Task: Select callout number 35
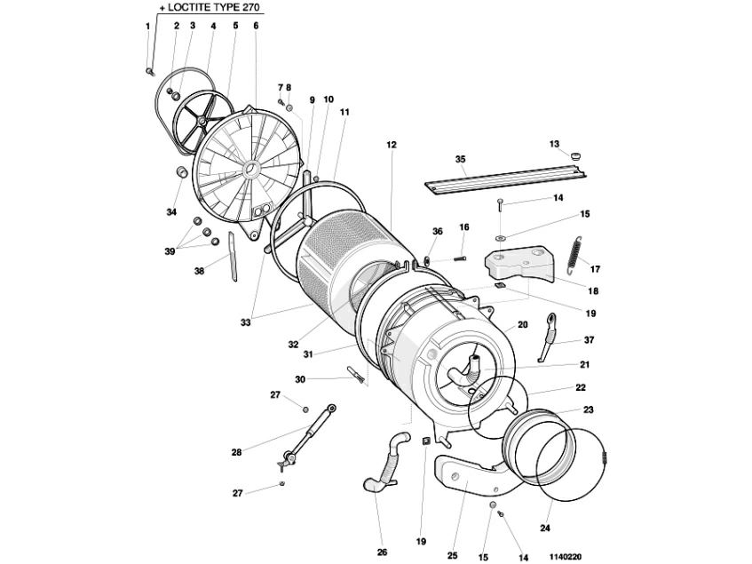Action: pos(460,160)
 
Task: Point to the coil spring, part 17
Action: pos(573,255)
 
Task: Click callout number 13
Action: pos(554,143)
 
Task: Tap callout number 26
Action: pos(382,552)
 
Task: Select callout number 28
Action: pos(236,452)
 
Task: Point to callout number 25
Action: pos(451,555)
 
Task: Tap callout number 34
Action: pos(171,212)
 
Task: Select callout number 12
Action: pos(391,143)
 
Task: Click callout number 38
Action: pos(199,271)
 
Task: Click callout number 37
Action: pos(589,340)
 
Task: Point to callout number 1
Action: pos(147,26)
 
